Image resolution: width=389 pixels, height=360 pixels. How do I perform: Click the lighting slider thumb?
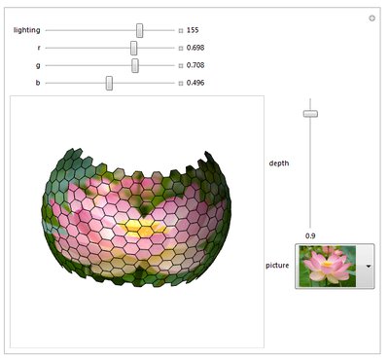[139, 30]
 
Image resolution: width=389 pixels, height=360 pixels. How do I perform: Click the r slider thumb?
[133, 48]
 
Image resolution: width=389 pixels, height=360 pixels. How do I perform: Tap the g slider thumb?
[135, 65]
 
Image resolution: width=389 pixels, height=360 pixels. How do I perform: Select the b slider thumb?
[109, 83]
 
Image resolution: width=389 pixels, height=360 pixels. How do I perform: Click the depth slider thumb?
[310, 114]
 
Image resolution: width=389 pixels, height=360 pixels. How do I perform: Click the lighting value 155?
[193, 30]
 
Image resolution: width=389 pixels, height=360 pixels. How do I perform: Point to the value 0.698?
[195, 48]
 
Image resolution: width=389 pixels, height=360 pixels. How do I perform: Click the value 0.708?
[195, 65]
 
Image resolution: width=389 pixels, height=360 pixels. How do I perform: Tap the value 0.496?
[195, 83]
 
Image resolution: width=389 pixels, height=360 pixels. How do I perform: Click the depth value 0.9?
[310, 235]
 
